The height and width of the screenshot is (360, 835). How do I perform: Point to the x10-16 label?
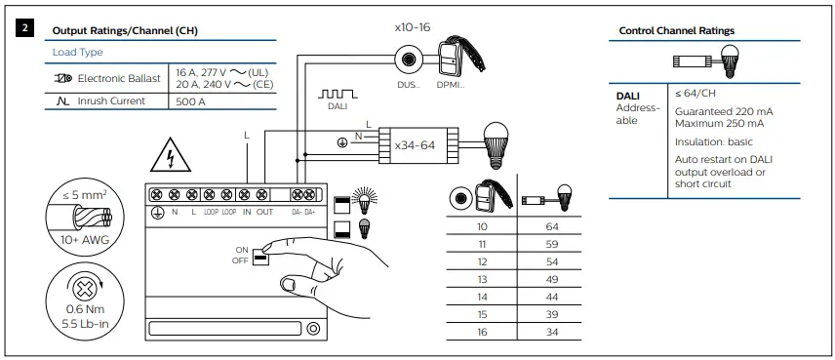coord(412,27)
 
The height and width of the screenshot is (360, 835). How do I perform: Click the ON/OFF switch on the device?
coord(260,256)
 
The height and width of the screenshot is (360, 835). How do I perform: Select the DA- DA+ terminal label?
coord(301,212)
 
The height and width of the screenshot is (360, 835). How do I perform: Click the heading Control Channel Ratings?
coord(677,31)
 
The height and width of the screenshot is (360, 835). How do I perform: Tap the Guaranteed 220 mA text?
coord(720,112)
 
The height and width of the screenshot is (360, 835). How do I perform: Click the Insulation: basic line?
coord(713,141)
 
